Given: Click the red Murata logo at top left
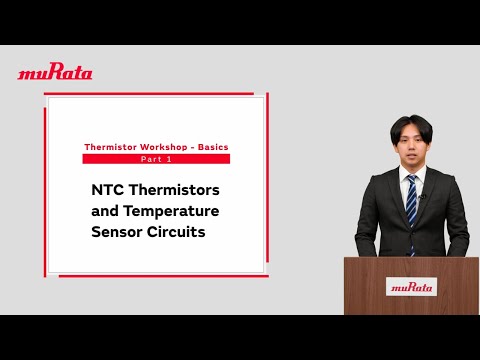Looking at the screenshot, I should click(55, 72).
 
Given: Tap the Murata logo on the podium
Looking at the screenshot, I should click(412, 286).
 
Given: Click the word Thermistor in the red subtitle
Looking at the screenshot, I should click(110, 147).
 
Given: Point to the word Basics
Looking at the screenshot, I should click(213, 147).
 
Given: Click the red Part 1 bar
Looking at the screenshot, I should click(156, 159).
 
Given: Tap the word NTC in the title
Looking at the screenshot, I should click(109, 189).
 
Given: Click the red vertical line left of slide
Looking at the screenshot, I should click(45, 190).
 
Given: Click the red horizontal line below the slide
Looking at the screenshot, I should click(160, 277).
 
